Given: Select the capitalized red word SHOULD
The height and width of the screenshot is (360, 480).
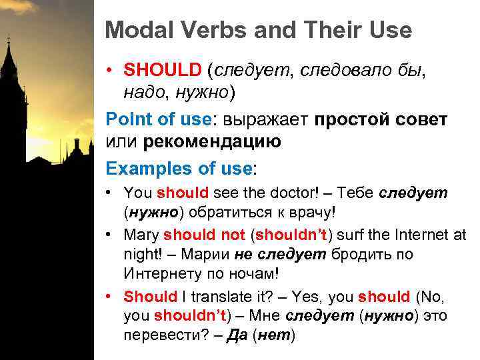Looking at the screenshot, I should tap(162, 69).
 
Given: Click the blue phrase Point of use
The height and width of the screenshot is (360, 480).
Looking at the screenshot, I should tap(158, 119).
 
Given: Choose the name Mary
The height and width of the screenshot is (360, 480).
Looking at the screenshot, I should tap(141, 235).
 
